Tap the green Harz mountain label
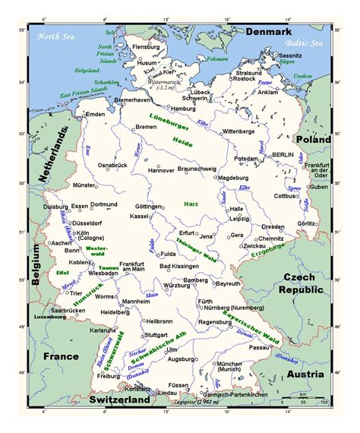[191, 204]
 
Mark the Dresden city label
[273, 226]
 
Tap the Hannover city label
[161, 170]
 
